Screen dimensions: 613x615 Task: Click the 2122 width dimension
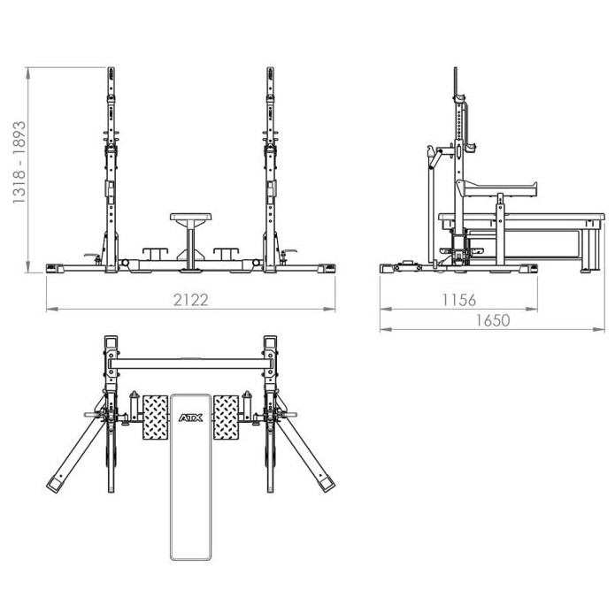pos(190,299)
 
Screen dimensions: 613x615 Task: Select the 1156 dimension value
pos(459,300)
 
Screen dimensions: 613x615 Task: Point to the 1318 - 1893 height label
pos(19,165)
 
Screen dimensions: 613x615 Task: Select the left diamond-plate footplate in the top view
pos(154,416)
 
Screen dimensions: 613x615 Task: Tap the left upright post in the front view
pos(111,168)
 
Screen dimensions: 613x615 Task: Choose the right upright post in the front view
pos(270,168)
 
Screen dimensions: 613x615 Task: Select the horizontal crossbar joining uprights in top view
pos(190,364)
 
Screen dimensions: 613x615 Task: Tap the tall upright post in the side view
pos(458,168)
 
